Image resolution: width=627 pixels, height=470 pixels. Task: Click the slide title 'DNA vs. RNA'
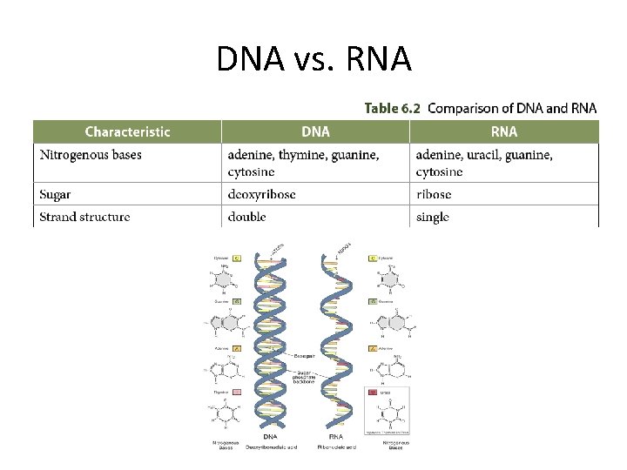pyautogui.click(x=313, y=59)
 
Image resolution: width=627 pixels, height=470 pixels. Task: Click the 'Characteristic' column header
pyautogui.click(x=127, y=132)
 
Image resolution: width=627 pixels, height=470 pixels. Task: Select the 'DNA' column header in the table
pyautogui.click(x=315, y=132)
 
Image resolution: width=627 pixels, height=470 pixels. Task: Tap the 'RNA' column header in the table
pyautogui.click(x=503, y=132)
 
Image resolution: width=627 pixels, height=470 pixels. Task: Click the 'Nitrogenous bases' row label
pyautogui.click(x=91, y=155)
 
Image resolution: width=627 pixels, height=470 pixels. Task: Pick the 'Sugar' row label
pyautogui.click(x=57, y=194)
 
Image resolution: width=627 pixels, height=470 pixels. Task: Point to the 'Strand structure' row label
pyautogui.click(x=85, y=217)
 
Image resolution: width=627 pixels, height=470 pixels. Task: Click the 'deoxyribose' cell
pyautogui.click(x=261, y=194)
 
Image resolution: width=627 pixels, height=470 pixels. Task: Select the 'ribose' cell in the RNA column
pyautogui.click(x=434, y=194)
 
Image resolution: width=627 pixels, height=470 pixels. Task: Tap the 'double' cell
pyautogui.click(x=246, y=217)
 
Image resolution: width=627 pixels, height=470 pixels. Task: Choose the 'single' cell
pyautogui.click(x=433, y=217)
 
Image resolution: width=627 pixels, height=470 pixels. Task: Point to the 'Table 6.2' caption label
pyautogui.click(x=393, y=109)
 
